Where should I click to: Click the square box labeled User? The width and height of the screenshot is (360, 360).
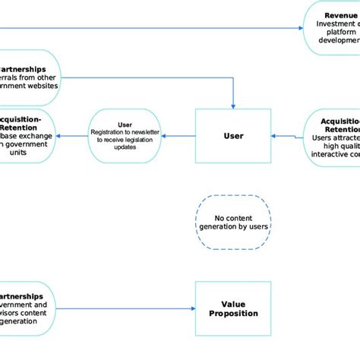233,136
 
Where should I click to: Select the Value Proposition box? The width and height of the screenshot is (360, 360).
233,308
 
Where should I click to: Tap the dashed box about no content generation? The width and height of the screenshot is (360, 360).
233,222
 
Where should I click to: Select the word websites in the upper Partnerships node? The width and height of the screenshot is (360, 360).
41,87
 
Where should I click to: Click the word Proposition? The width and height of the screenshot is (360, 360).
233,313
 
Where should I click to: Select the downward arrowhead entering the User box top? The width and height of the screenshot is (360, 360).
233,106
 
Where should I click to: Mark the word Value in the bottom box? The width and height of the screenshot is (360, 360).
233,302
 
